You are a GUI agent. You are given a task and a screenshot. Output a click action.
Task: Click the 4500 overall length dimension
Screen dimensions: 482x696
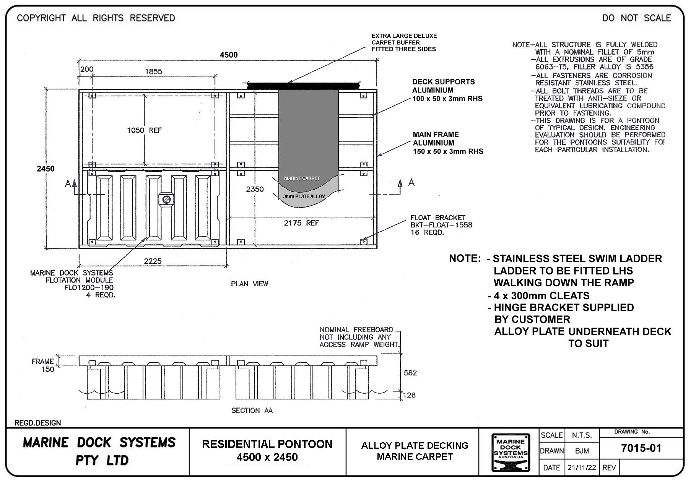click(228, 55)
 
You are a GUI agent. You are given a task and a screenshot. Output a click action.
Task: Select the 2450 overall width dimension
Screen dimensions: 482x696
click(46, 169)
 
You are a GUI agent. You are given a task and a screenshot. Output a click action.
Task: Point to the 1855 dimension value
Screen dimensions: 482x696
click(153, 71)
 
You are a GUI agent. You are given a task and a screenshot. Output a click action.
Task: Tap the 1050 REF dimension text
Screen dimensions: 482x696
click(144, 130)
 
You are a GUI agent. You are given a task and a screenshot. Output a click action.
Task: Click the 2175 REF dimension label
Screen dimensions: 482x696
click(301, 223)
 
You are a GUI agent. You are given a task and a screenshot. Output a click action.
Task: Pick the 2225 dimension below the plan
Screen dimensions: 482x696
click(153, 261)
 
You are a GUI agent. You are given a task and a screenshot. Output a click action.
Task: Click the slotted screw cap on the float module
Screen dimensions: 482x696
click(166, 199)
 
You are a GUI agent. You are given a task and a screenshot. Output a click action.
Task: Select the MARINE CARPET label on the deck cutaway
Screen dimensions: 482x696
click(302, 179)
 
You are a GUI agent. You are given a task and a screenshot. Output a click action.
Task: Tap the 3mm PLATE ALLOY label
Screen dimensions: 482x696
click(304, 196)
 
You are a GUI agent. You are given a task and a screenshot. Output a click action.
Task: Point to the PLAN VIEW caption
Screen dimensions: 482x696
click(249, 284)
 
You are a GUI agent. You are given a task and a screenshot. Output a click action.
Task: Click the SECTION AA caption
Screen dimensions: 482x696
click(252, 410)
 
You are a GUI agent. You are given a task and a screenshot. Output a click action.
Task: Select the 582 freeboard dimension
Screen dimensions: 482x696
click(410, 373)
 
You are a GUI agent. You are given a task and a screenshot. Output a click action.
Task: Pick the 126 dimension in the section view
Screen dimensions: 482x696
click(410, 395)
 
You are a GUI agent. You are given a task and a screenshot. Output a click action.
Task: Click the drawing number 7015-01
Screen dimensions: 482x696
click(641, 448)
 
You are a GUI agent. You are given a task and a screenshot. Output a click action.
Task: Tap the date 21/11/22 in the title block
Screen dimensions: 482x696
click(581, 467)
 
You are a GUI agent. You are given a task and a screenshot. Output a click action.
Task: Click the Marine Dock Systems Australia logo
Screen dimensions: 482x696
click(511, 453)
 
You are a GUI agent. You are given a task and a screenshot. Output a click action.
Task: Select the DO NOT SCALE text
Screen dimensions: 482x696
click(636, 18)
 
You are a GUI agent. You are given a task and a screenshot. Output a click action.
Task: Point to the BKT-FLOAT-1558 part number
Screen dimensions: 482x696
click(441, 225)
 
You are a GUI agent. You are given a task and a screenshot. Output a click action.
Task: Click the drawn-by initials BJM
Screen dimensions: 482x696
click(582, 451)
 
